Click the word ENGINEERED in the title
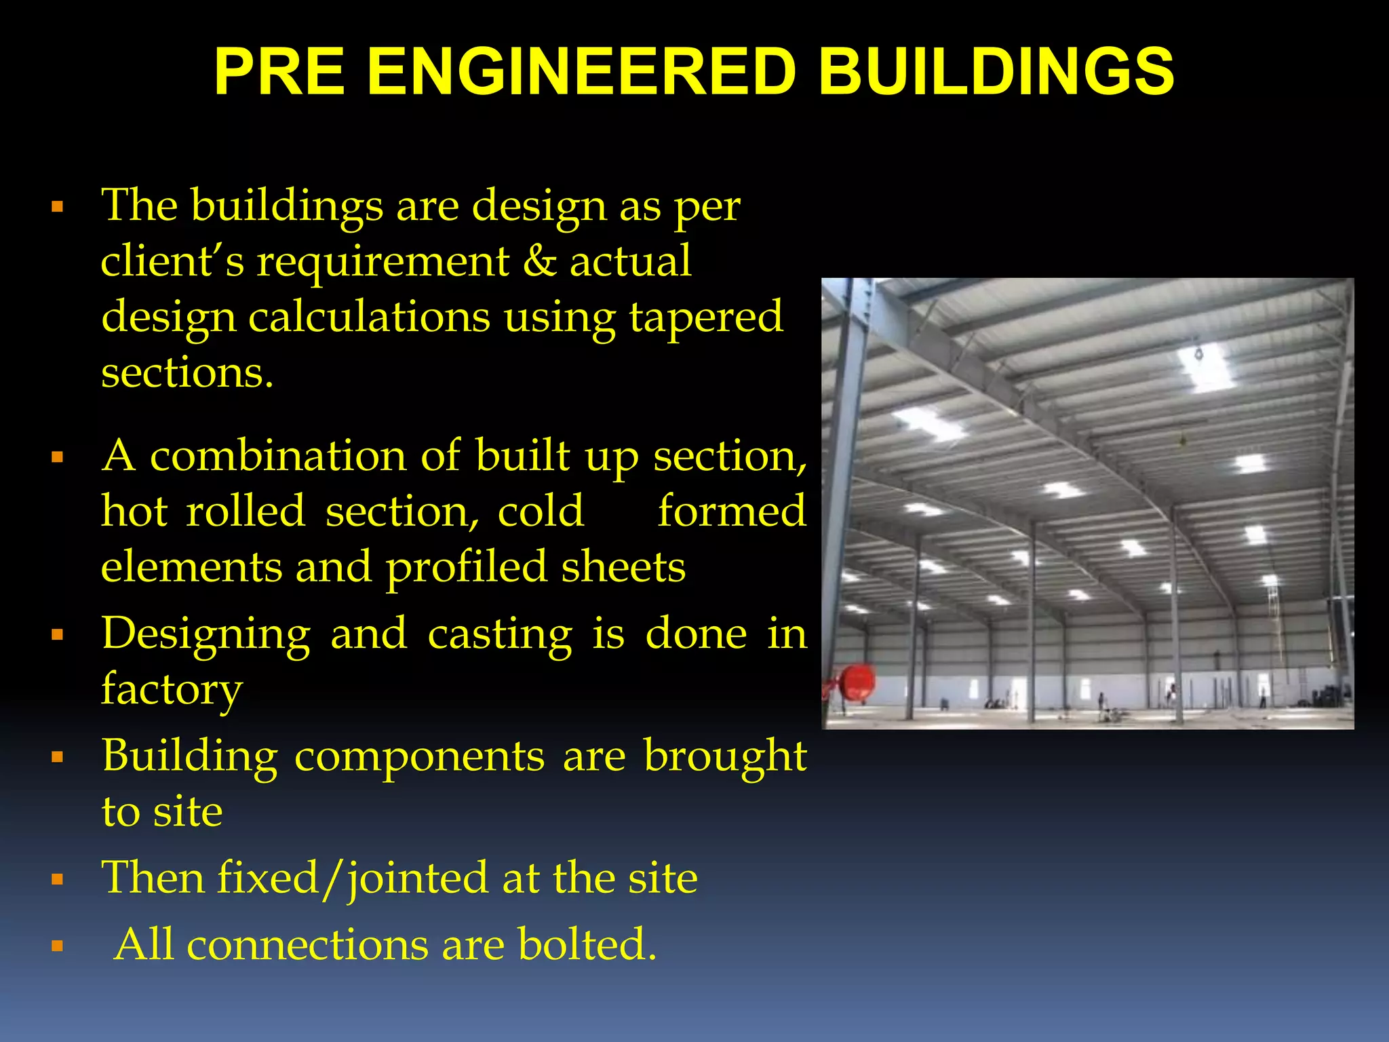(x=581, y=72)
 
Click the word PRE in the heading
(x=280, y=72)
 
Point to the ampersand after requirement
(x=539, y=262)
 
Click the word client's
(x=172, y=262)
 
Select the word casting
(x=500, y=634)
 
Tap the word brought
(x=725, y=757)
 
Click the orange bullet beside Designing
(x=57, y=635)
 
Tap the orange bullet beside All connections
(x=57, y=946)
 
